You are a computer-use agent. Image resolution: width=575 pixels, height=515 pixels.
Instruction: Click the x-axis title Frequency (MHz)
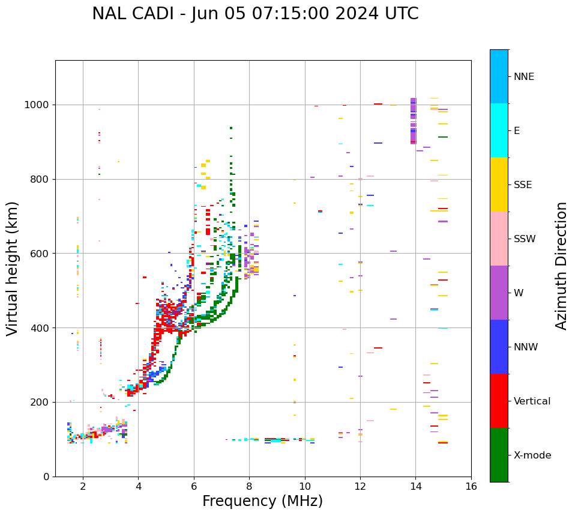pos(262,501)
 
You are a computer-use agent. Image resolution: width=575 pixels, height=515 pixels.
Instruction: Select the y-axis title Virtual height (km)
pos(13,268)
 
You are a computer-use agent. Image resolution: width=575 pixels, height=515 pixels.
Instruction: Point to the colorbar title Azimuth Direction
pos(561,266)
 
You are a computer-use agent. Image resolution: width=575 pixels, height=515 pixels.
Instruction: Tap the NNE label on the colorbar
pos(523,77)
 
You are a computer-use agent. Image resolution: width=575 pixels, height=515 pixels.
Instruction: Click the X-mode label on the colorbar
pos(532,456)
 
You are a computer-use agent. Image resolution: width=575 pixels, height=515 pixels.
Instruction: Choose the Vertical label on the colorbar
pos(532,401)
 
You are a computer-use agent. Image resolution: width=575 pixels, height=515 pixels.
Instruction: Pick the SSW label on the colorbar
pos(524,239)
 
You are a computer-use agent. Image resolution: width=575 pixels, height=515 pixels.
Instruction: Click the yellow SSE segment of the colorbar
pos(499,184)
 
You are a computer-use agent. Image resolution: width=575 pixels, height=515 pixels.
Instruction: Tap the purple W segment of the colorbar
pos(499,293)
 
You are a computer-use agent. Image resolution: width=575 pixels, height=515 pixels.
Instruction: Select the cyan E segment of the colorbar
pos(499,130)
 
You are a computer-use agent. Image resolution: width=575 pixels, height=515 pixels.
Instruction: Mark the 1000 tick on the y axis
pos(40,105)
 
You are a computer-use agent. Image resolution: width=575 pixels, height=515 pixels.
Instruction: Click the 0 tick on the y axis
pos(47,477)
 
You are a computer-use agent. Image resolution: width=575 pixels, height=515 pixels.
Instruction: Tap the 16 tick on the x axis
pos(471,486)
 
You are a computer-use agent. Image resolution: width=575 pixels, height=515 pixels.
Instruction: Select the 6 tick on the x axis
pos(194,486)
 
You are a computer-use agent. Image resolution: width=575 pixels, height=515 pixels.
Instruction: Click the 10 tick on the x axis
pos(305,486)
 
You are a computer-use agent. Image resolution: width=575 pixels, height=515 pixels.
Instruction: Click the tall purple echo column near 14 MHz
pos(413,121)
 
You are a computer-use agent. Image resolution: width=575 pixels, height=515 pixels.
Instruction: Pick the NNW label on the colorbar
pos(526,347)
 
